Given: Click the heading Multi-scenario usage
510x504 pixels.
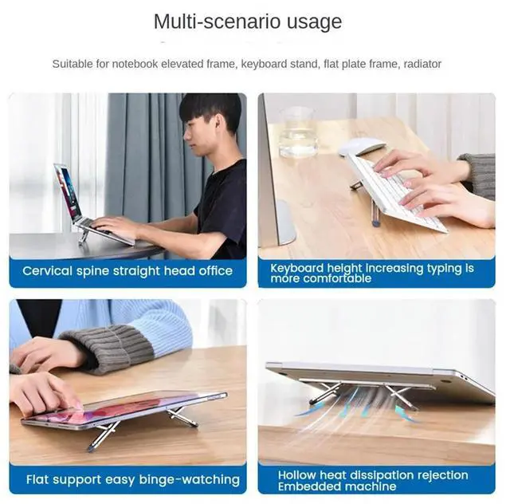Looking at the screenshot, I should (x=247, y=22).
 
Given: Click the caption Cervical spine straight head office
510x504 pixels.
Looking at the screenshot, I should (x=127, y=271).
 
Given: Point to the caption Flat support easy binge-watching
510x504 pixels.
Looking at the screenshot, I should (x=132, y=479).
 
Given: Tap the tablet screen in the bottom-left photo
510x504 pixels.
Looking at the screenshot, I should (x=120, y=408).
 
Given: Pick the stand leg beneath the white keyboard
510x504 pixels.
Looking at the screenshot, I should (x=375, y=212).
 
